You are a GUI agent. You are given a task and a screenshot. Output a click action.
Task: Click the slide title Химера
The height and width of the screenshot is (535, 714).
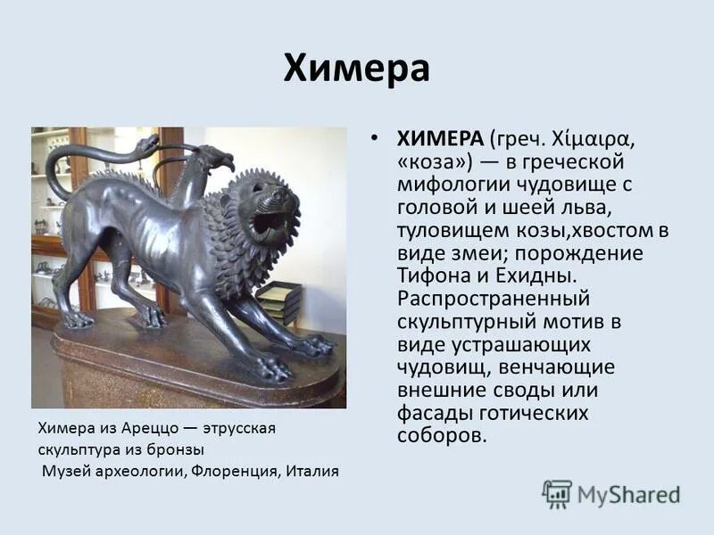click(x=357, y=69)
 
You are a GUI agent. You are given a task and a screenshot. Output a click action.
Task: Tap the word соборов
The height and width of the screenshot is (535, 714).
click(x=442, y=436)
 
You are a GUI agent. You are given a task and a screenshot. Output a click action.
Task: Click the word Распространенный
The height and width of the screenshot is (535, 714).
click(x=494, y=299)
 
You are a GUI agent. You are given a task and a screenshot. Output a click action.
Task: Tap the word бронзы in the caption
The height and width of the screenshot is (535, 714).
click(x=178, y=449)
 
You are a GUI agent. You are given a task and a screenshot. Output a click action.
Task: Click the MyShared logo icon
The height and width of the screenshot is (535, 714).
click(x=557, y=493)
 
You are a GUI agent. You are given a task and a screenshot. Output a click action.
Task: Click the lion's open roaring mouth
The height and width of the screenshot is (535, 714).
click(x=269, y=222)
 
